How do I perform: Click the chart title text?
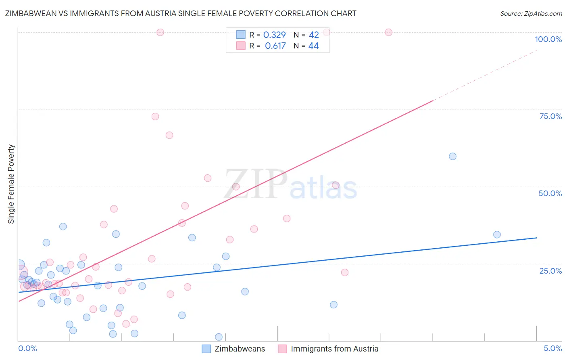[181, 13]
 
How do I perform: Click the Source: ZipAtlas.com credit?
[531, 13]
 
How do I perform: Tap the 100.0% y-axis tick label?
[548, 39]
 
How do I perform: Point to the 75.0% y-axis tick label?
[550, 116]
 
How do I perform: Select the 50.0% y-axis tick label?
[550, 193]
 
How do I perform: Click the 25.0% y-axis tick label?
[550, 270]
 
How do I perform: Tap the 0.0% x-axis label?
[27, 348]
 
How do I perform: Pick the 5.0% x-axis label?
[552, 348]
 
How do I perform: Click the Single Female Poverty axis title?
[11, 184]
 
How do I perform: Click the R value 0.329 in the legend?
[274, 35]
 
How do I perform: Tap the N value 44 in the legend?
[313, 46]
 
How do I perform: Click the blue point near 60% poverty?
[452, 156]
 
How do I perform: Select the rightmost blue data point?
[497, 234]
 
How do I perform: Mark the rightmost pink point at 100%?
[388, 32]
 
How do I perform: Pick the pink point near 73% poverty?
[155, 117]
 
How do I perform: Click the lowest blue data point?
[219, 337]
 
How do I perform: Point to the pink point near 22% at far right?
[345, 272]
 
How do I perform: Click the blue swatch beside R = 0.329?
[241, 35]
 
